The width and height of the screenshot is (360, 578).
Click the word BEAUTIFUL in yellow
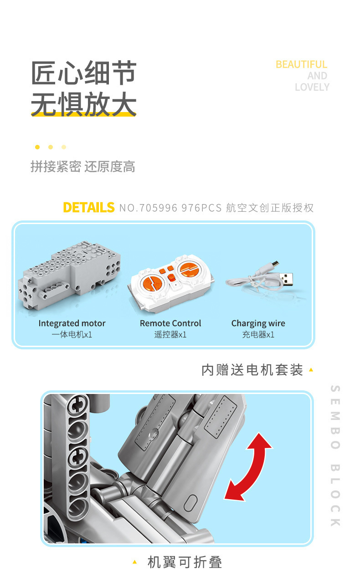point(301,65)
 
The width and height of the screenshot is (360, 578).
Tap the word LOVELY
point(312,87)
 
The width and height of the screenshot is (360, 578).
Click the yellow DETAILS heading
point(88,207)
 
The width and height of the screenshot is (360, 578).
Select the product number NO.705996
point(149,208)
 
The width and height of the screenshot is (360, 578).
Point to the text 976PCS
point(202,208)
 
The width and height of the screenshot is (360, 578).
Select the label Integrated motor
point(72,323)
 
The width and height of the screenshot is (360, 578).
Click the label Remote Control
point(170,323)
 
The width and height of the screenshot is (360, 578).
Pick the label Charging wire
point(258,323)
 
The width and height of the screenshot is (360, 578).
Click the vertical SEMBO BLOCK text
point(335,456)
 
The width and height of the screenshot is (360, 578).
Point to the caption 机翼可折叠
point(185,562)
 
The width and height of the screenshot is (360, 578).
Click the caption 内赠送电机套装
point(252,370)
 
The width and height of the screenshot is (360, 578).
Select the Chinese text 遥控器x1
point(170,335)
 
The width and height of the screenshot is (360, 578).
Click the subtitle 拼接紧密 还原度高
point(83,166)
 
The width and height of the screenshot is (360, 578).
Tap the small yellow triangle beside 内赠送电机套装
point(311,370)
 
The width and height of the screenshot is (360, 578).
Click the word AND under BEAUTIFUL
point(317,76)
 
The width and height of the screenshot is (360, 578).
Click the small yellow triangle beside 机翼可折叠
point(134,562)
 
